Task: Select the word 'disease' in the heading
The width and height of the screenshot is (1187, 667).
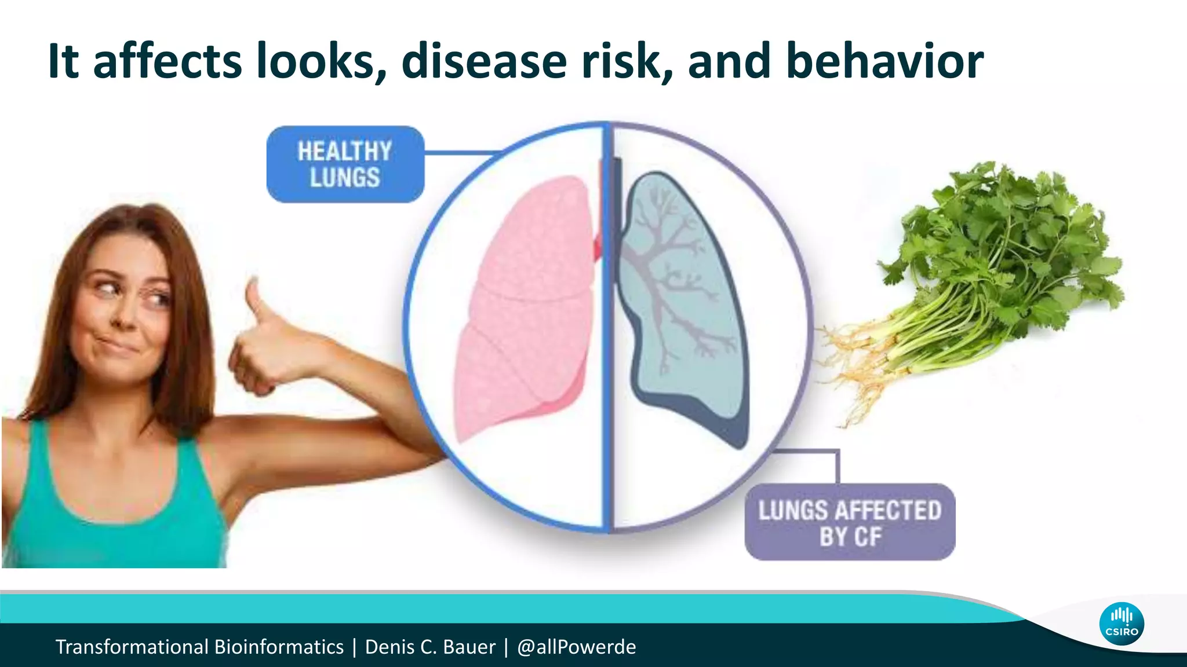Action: (x=484, y=61)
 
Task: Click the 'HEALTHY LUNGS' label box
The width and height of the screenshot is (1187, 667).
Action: (x=345, y=164)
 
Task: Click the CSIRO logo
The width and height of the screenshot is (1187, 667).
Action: (x=1121, y=624)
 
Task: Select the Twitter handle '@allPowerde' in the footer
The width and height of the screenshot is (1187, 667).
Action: (x=576, y=647)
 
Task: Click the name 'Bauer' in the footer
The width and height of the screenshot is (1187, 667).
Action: (x=469, y=647)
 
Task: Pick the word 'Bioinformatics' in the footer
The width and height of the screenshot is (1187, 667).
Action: (x=279, y=647)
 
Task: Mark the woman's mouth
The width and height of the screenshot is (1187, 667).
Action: (x=116, y=346)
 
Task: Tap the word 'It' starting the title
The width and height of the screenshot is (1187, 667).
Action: (x=63, y=61)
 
